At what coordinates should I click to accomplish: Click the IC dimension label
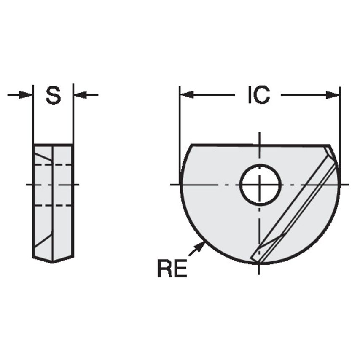[258, 95]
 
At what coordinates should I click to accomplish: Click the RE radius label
[172, 269]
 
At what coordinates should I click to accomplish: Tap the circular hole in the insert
[260, 185]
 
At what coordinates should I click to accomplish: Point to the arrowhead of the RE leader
[202, 244]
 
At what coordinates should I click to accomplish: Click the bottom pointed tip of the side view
[53, 262]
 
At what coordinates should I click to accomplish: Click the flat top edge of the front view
[253, 145]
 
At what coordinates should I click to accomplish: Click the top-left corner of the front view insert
[192, 145]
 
